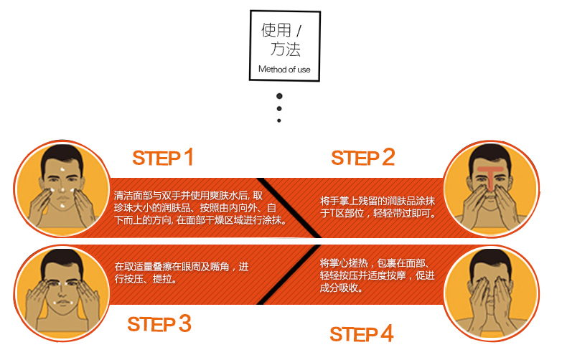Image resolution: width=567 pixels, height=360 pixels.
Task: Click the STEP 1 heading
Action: point(163,158)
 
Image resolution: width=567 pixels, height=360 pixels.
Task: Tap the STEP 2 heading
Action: point(363,158)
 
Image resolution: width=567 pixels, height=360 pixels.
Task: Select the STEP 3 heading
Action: point(159,324)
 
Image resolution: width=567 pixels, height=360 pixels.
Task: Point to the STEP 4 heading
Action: point(362,333)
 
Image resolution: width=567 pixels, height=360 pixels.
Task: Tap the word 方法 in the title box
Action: point(285,50)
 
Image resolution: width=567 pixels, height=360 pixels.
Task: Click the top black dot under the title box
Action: point(279,95)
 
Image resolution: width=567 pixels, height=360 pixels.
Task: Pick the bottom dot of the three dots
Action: point(279,120)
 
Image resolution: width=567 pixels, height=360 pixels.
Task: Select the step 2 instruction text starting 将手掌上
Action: point(378,207)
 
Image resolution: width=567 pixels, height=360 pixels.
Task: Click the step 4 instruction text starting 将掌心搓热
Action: point(378,276)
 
